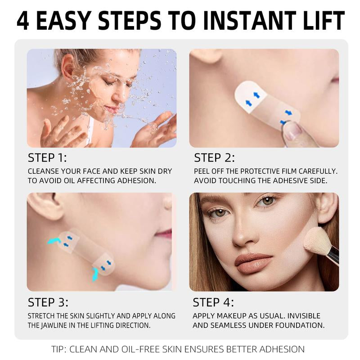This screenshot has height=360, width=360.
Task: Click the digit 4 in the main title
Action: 23,21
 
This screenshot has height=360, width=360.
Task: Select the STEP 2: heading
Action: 215,158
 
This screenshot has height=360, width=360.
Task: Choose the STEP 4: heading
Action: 214,302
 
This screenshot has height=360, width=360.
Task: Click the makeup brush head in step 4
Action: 317,241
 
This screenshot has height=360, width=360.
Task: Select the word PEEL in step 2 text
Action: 202,171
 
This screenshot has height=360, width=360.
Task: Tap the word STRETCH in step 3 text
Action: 44,316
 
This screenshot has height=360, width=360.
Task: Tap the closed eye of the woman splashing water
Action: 110,83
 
